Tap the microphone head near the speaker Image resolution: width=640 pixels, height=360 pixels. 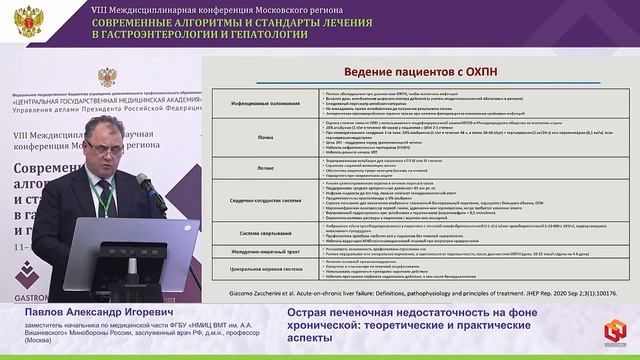(142, 181)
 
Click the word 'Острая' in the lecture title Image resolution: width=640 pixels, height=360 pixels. (309, 313)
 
